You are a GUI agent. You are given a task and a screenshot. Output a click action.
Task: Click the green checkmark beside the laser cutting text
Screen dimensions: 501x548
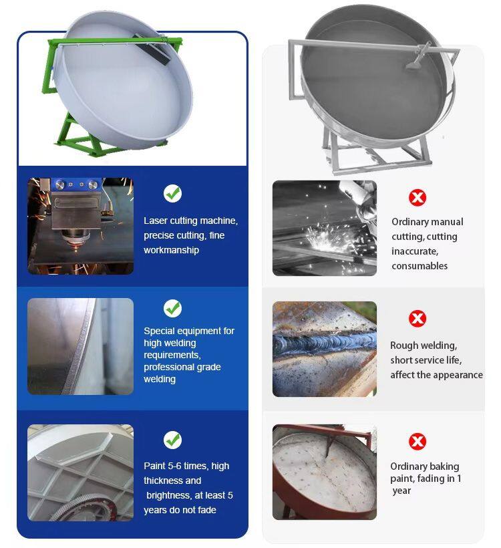172,193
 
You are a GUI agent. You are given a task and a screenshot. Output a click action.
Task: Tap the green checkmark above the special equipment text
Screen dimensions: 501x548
172,308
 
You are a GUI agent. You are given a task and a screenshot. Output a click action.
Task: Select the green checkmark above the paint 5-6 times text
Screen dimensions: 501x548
172,440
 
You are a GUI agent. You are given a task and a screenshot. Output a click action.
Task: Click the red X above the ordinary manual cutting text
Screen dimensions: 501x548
417,197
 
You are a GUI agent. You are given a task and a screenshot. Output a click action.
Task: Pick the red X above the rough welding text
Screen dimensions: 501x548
417,318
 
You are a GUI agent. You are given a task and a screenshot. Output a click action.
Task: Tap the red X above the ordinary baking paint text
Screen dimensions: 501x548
417,441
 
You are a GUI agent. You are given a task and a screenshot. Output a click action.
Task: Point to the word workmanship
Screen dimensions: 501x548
171,250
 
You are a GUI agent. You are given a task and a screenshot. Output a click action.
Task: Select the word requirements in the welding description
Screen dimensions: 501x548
172,355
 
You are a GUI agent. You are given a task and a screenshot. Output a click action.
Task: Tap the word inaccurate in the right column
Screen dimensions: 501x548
415,251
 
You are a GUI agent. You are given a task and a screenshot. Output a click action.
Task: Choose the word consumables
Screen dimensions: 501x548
420,266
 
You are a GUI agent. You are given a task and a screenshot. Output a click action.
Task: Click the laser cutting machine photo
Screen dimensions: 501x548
80,226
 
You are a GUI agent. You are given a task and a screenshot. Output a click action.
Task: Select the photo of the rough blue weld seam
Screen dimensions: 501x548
325,349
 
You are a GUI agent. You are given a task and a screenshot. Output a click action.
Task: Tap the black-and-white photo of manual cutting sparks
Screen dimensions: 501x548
325,228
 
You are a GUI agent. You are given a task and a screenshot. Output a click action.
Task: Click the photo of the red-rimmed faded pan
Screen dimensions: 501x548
325,472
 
